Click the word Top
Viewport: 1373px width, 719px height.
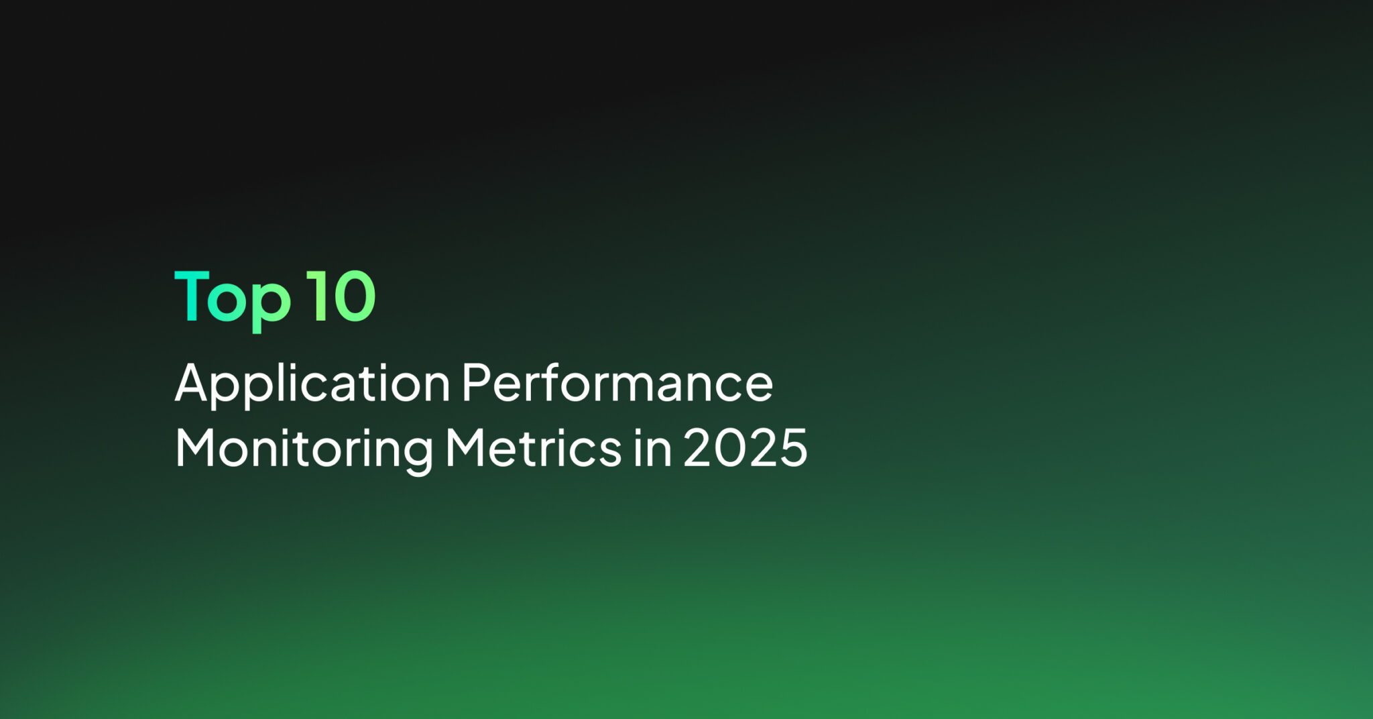pyautogui.click(x=233, y=299)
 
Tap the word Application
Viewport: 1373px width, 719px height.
pyautogui.click(x=312, y=384)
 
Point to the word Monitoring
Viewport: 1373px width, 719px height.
pyautogui.click(x=304, y=450)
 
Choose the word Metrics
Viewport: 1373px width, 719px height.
pyautogui.click(x=534, y=447)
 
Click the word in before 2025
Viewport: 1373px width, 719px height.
pyautogui.click(x=652, y=447)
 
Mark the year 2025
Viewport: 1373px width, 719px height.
pyautogui.click(x=745, y=447)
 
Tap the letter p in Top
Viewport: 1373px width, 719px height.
pyautogui.click(x=271, y=307)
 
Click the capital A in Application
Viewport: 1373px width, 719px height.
pyautogui.click(x=195, y=382)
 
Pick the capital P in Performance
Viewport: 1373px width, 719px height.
pyautogui.click(x=477, y=382)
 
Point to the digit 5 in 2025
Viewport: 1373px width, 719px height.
pyautogui.click(x=794, y=448)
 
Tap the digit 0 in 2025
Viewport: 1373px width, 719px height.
pyautogui.click(x=730, y=447)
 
